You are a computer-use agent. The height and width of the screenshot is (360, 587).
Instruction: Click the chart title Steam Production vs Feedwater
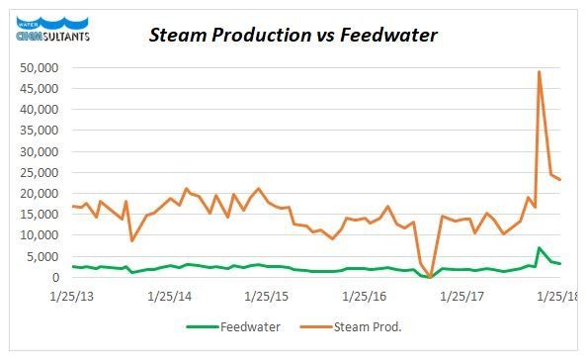click(x=293, y=36)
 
